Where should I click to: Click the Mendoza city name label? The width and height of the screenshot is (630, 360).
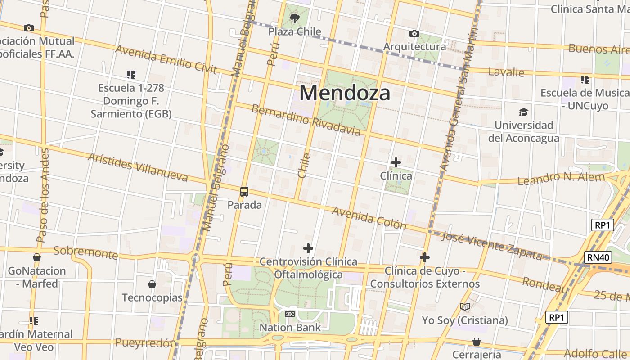pyautogui.click(x=345, y=93)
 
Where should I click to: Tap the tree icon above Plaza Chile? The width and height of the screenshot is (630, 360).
pyautogui.click(x=295, y=18)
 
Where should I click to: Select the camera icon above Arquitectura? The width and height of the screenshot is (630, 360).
pyautogui.click(x=414, y=33)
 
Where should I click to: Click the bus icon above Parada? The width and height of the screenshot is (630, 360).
pyautogui.click(x=244, y=192)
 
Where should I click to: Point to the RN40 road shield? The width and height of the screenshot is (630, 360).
pyautogui.click(x=598, y=257)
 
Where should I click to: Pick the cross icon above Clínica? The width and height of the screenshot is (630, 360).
pyautogui.click(x=396, y=162)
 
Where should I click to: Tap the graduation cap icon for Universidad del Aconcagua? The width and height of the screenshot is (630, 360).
pyautogui.click(x=523, y=112)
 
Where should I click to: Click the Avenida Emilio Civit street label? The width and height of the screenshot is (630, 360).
pyautogui.click(x=166, y=59)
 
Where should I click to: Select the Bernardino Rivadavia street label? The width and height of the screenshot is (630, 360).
pyautogui.click(x=306, y=120)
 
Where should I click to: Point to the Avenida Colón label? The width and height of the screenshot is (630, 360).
pyautogui.click(x=369, y=218)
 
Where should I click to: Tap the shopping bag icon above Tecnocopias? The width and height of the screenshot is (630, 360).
pyautogui.click(x=152, y=284)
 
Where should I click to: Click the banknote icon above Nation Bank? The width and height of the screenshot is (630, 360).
pyautogui.click(x=290, y=314)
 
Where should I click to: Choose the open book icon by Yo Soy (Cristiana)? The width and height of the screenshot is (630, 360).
pyautogui.click(x=465, y=307)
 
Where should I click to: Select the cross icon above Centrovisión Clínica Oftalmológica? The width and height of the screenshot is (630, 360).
pyautogui.click(x=308, y=248)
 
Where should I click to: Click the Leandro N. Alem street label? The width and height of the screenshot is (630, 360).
pyautogui.click(x=561, y=178)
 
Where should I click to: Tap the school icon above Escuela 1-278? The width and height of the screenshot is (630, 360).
pyautogui.click(x=131, y=74)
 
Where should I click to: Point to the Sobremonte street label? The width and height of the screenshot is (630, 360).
pyautogui.click(x=85, y=252)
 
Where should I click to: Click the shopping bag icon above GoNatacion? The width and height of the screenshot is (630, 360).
pyautogui.click(x=37, y=257)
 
